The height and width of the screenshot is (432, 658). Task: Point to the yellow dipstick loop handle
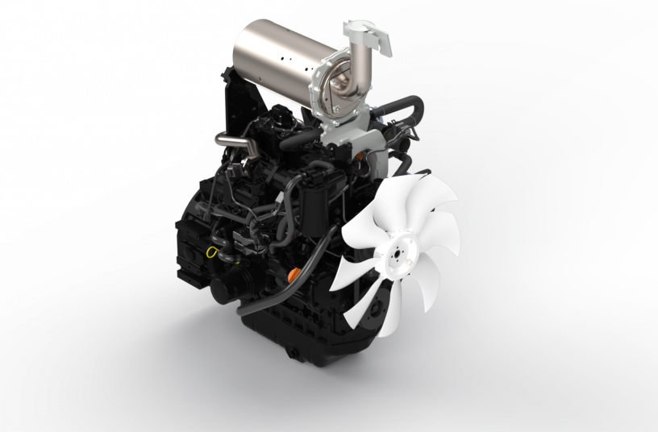tap(213, 251)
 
